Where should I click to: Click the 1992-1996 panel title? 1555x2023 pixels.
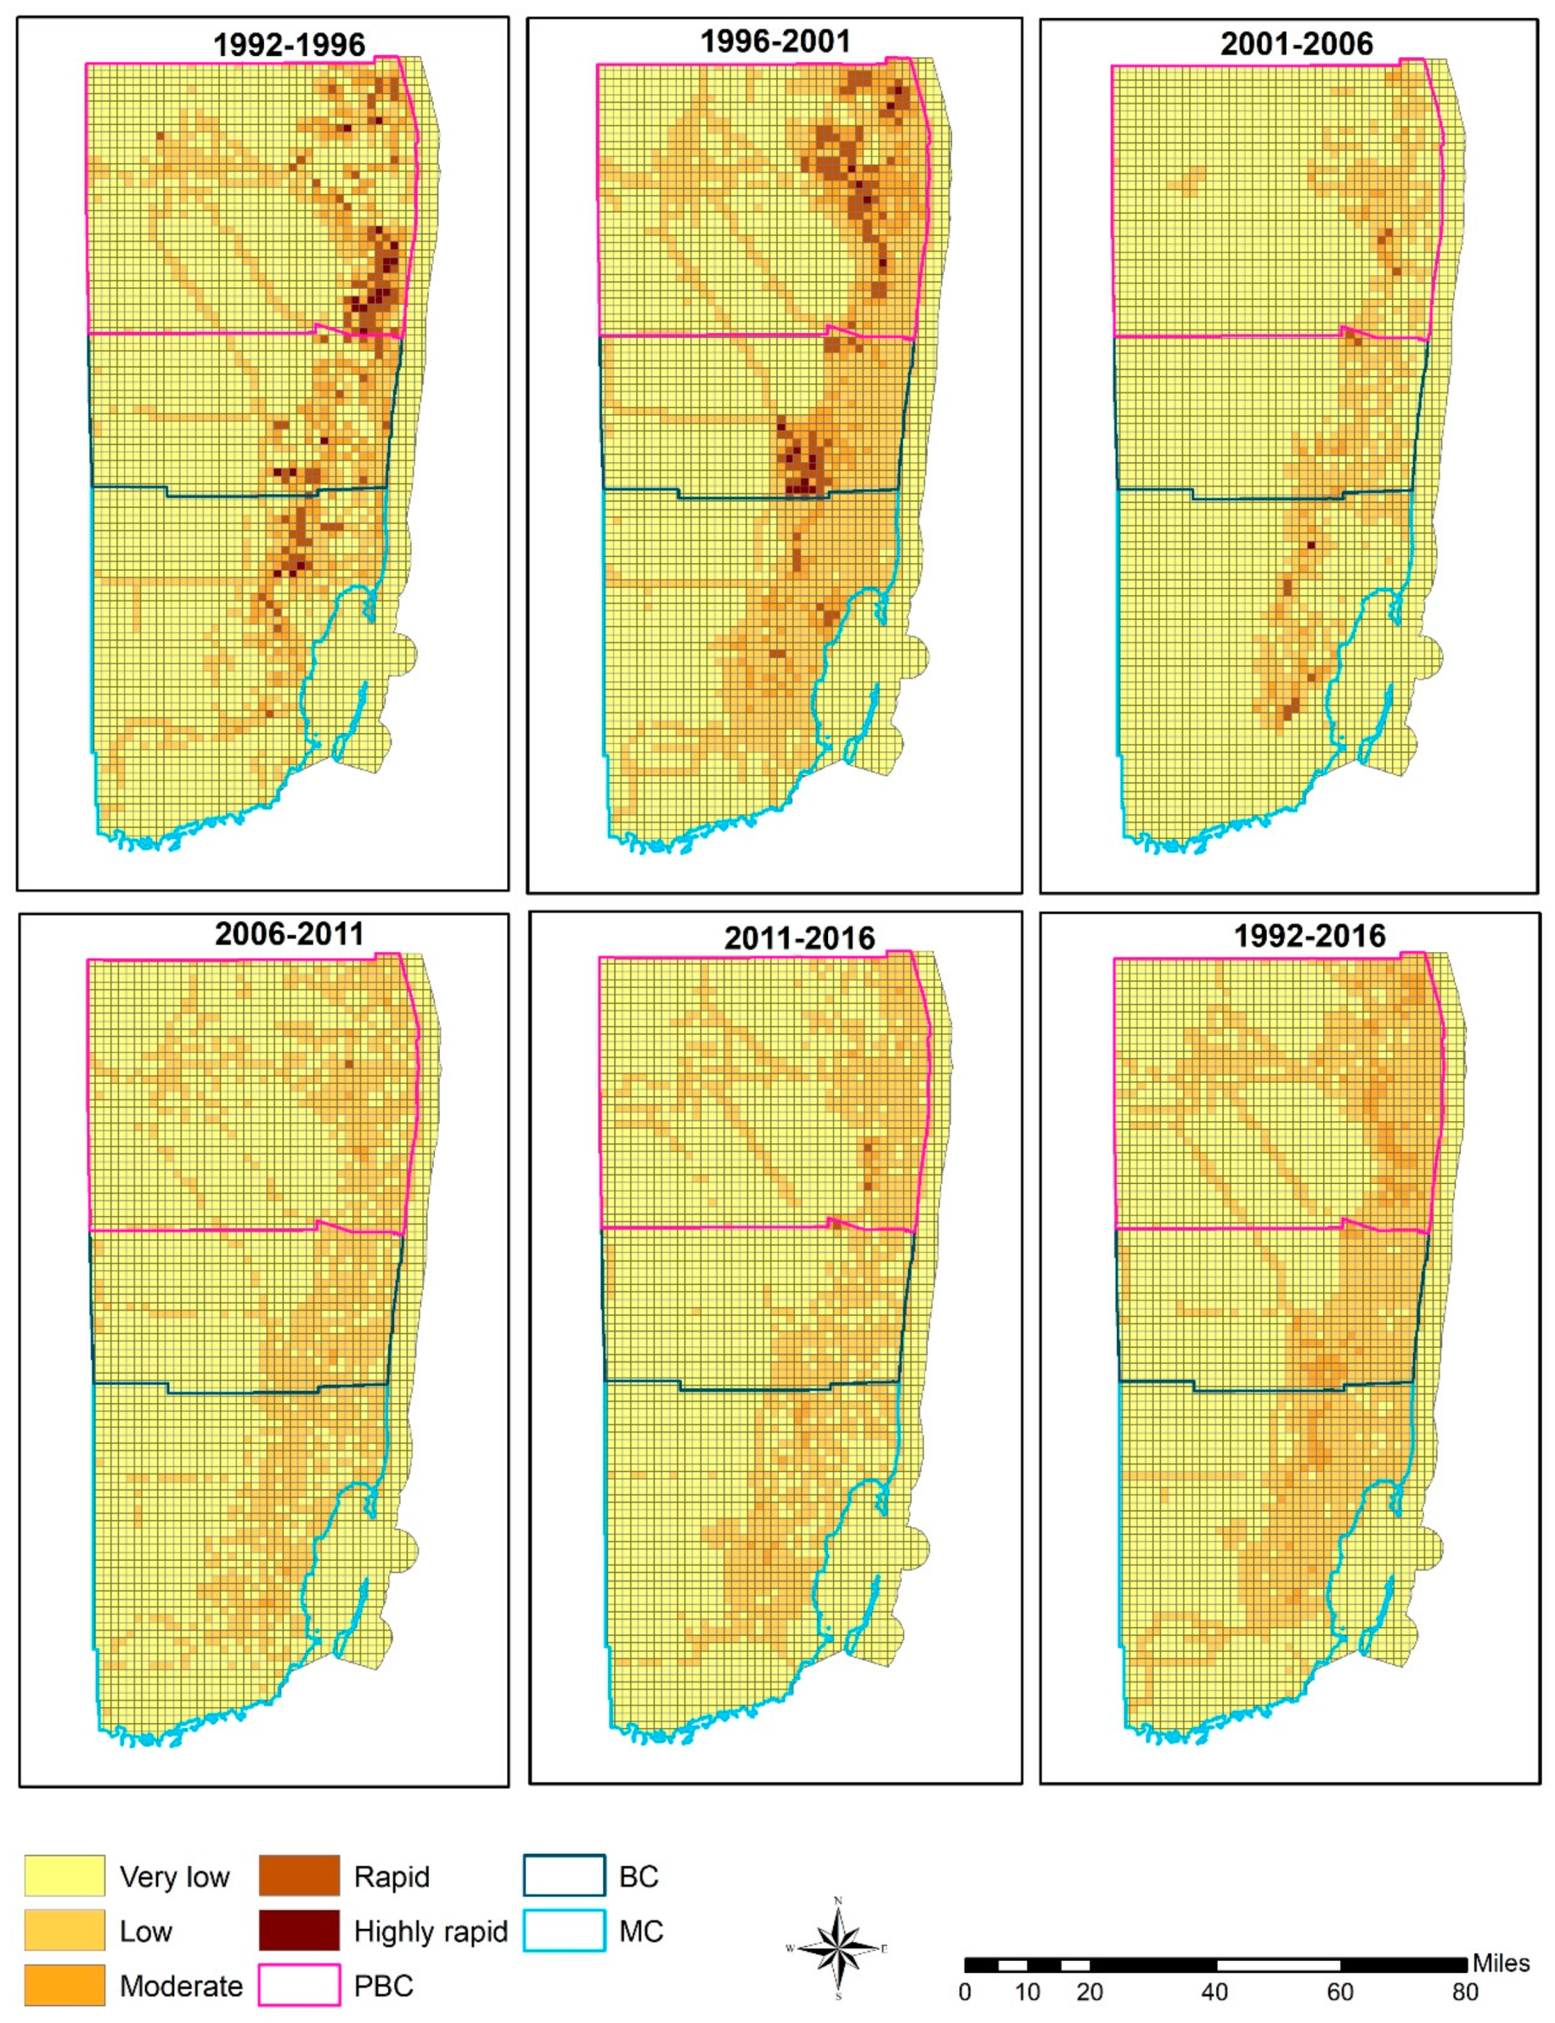click(x=289, y=45)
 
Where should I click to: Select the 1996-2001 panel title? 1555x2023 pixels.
click(x=775, y=42)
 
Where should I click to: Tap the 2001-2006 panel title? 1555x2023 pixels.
click(x=1296, y=43)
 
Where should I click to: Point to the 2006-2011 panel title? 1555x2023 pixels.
click(x=289, y=934)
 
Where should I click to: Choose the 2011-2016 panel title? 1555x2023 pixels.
click(x=799, y=938)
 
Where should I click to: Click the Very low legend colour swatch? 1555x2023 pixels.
click(x=65, y=1876)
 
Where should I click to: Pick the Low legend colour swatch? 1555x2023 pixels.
click(x=65, y=1930)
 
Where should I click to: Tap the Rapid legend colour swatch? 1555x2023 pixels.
click(x=299, y=1876)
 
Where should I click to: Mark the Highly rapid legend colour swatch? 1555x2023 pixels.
click(x=299, y=1930)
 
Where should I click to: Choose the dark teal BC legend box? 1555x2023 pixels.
click(x=565, y=1876)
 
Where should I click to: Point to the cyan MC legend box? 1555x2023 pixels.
click(x=565, y=1930)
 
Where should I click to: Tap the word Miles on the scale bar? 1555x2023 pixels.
click(x=1501, y=1963)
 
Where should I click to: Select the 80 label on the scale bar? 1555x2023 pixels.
click(x=1464, y=1992)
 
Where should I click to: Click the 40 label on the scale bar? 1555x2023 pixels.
click(x=1214, y=1992)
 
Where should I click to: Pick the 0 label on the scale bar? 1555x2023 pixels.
click(x=964, y=1992)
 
